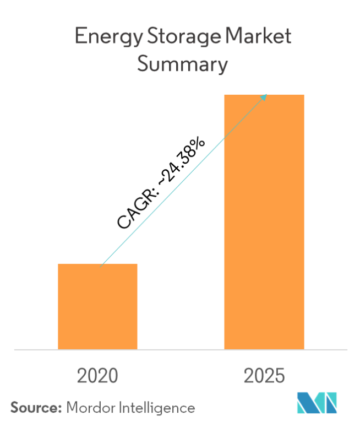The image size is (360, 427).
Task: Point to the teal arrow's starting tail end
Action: (102, 265)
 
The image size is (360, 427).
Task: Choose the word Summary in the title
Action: (182, 65)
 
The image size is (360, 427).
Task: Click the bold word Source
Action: (34, 408)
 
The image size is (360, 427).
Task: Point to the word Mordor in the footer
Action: (87, 408)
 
